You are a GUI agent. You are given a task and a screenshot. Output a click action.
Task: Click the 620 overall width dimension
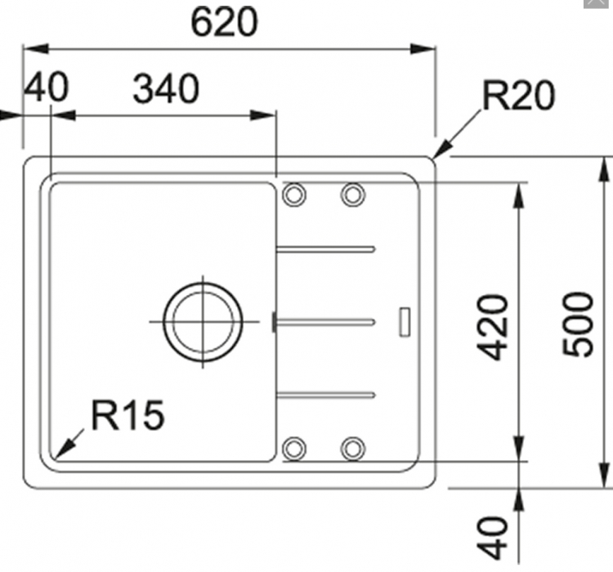[x=224, y=23]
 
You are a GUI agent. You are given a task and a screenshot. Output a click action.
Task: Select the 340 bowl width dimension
[x=166, y=89]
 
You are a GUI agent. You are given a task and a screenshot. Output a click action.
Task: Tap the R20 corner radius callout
[x=518, y=96]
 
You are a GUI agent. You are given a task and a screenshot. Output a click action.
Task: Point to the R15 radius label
[x=127, y=415]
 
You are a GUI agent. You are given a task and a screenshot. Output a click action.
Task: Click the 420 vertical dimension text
[x=494, y=327]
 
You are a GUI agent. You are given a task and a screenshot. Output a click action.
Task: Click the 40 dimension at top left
[x=46, y=88]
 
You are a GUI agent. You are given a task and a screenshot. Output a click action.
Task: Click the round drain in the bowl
[x=203, y=320]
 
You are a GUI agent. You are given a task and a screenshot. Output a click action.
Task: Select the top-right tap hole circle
[x=352, y=194]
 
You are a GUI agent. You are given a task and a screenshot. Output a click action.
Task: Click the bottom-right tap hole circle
[x=352, y=447]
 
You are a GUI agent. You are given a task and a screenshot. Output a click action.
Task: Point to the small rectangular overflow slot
[x=404, y=320]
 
